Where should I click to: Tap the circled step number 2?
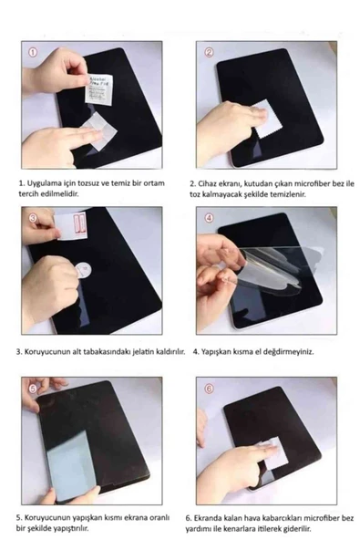[207, 54]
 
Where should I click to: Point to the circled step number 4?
[208, 219]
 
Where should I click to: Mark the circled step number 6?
[208, 388]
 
